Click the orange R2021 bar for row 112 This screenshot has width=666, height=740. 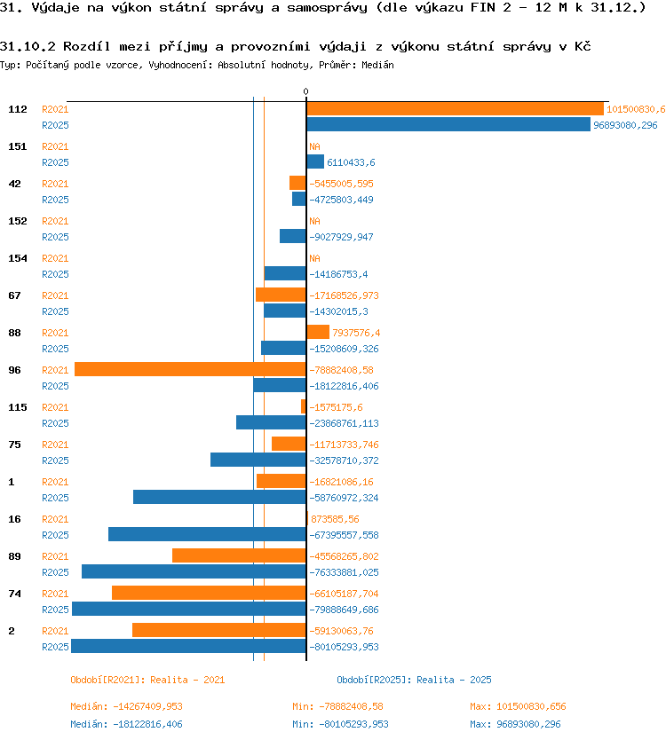455,109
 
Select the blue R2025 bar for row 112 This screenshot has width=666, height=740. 448,124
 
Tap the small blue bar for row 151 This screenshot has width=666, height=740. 315,161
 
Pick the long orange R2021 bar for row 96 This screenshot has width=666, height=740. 190,369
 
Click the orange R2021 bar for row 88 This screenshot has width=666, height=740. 318,332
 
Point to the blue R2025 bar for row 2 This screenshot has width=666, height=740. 188,647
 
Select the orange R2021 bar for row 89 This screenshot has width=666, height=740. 239,556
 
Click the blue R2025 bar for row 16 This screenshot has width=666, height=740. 208,535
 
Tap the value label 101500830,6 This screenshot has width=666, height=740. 636,109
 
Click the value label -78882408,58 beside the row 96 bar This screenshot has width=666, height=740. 341,370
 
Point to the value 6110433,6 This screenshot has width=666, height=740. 351,162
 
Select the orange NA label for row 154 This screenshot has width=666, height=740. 314,258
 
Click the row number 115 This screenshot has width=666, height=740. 18,407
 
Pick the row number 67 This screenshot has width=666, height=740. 14,295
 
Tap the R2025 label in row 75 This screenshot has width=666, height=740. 55,461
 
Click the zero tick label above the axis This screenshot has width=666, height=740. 306,91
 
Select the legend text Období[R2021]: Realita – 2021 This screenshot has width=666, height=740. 147,680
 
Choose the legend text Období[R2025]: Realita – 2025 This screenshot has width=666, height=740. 414,680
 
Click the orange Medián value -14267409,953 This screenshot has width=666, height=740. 147,706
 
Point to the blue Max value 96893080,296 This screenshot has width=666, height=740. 528,724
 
